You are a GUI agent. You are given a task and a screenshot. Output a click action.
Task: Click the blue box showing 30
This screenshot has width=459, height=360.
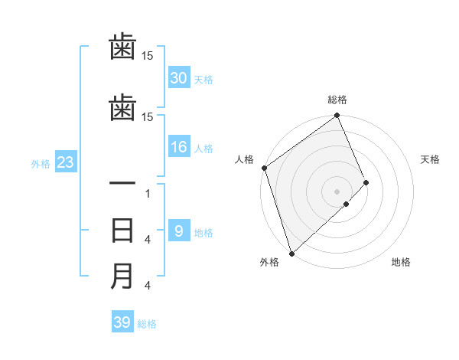(x=179, y=78)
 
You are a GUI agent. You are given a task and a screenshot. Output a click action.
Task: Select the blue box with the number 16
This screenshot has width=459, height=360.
(x=179, y=148)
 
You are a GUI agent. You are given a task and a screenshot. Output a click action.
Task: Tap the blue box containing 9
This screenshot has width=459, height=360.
(x=179, y=231)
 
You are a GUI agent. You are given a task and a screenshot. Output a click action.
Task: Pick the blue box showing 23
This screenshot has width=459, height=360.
(x=65, y=162)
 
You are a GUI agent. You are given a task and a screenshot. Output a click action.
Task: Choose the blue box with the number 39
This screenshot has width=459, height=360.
(x=122, y=322)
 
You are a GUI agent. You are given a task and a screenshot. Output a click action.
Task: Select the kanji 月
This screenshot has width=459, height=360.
(x=122, y=276)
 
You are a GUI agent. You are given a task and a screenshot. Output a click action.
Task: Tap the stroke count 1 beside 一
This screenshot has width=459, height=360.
(x=148, y=194)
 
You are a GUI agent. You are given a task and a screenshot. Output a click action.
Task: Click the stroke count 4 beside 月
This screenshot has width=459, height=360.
(x=148, y=286)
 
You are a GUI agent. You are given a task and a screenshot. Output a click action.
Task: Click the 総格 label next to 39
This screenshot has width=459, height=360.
(x=147, y=324)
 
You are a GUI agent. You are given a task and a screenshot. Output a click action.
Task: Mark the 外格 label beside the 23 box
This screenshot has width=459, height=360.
(x=41, y=163)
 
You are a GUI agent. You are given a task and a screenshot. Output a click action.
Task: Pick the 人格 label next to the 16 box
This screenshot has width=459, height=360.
(x=203, y=149)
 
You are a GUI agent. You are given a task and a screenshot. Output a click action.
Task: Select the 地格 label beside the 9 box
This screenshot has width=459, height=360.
(x=203, y=232)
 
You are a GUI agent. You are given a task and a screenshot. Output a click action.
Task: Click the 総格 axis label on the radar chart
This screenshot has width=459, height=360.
(x=337, y=100)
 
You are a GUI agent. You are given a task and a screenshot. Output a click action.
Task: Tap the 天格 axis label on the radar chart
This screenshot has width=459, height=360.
(x=431, y=159)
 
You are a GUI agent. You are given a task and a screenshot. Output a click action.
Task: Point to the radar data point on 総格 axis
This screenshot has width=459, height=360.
(x=337, y=116)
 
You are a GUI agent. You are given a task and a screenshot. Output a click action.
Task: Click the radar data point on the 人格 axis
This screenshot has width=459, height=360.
(x=264, y=168)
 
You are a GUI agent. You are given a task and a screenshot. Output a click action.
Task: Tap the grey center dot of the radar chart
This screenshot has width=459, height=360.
(x=337, y=190)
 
